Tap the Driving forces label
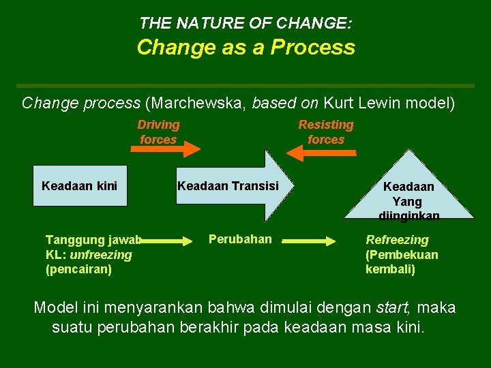(158, 132)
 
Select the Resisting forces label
(326, 132)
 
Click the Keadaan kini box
(80, 185)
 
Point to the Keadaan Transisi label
(228, 185)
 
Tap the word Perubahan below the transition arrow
(240, 239)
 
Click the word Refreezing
(398, 240)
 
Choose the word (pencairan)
(78, 269)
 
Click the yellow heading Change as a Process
(245, 48)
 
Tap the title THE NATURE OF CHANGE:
(245, 23)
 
